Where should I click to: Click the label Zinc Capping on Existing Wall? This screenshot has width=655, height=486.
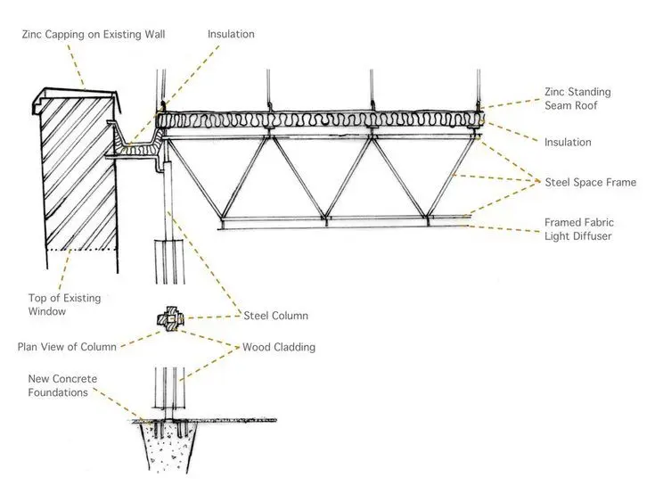click(94, 34)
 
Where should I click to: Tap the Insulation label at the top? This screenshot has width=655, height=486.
click(231, 34)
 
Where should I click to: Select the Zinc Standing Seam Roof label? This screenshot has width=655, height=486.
click(577, 99)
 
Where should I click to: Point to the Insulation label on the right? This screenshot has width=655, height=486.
click(568, 142)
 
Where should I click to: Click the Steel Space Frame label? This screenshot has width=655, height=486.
click(590, 182)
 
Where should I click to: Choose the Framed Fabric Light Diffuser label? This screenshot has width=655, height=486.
click(579, 229)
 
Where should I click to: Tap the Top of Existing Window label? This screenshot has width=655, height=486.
click(65, 304)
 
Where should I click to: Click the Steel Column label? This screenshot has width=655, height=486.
click(275, 316)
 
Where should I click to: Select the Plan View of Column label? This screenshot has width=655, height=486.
click(67, 347)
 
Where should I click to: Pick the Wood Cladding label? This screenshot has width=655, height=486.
click(279, 347)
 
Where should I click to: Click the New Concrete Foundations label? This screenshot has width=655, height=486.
click(62, 385)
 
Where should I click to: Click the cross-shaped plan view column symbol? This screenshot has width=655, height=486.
click(170, 319)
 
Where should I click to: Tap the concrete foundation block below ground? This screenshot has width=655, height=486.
click(168, 447)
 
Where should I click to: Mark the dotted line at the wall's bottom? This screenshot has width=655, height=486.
click(81, 250)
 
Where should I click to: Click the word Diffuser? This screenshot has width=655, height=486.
click(593, 236)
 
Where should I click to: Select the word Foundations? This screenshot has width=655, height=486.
click(58, 392)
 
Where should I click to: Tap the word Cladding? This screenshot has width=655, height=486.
click(296, 347)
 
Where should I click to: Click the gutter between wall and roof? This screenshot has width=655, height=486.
click(133, 146)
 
